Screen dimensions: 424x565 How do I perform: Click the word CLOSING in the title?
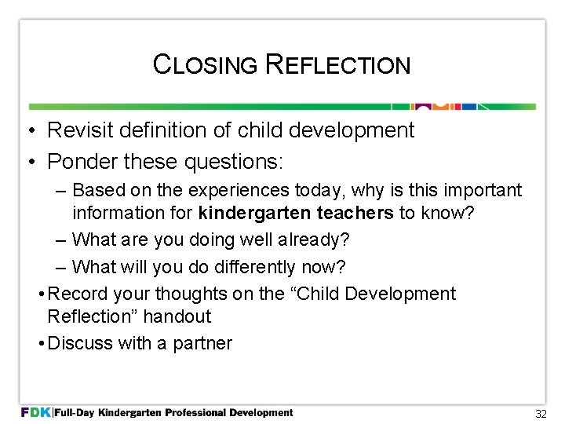206,64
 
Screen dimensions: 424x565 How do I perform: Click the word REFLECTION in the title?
338,64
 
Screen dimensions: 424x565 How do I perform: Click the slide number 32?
540,413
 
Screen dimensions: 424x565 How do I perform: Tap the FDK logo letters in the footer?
35,412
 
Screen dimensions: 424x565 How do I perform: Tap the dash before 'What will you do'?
61,267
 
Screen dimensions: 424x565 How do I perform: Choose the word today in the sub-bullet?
319,191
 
